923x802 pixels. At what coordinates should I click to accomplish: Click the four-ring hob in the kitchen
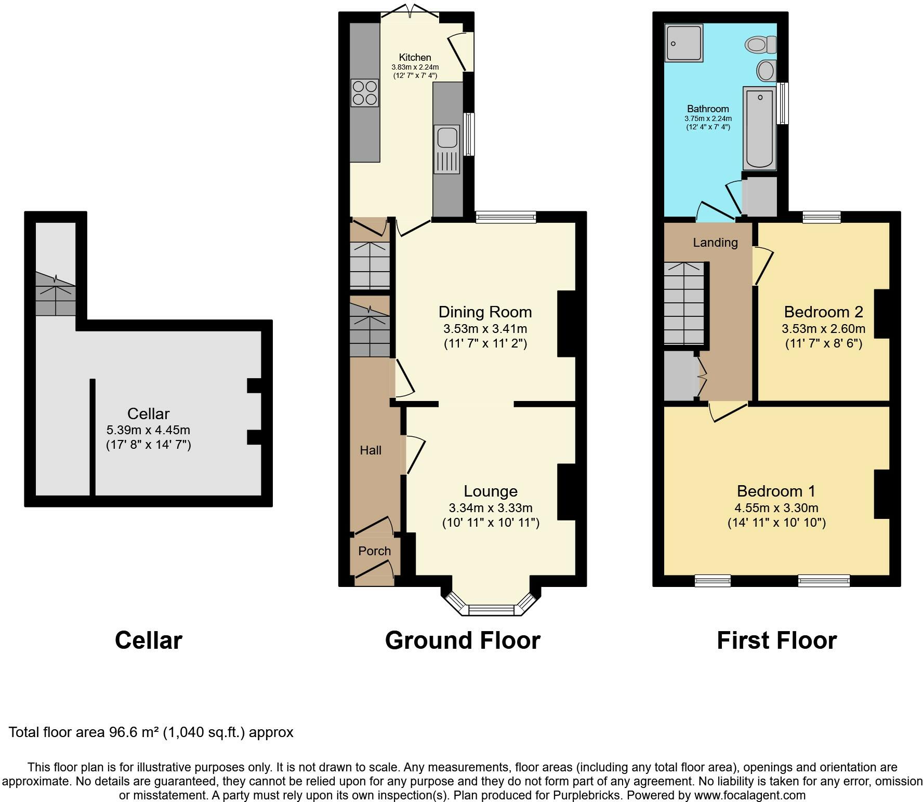(364, 92)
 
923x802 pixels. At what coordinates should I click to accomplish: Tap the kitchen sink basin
(447, 138)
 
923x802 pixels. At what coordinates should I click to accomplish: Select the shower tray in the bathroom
(683, 43)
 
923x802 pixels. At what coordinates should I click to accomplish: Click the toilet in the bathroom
(761, 44)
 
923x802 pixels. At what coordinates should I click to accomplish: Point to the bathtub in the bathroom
(759, 128)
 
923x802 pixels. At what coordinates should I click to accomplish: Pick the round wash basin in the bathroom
(767, 70)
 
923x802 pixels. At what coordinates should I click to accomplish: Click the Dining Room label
(485, 312)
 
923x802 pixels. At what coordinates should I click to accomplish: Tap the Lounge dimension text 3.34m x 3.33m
(491, 508)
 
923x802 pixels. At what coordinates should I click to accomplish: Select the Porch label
(375, 551)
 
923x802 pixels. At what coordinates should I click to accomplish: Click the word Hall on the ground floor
(371, 450)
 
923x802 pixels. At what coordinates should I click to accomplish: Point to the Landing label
(715, 243)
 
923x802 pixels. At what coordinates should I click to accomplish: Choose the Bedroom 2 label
(823, 312)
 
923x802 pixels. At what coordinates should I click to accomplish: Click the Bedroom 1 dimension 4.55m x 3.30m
(776, 508)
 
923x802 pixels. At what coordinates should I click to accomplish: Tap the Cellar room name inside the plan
(149, 413)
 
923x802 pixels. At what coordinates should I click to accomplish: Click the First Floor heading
(776, 640)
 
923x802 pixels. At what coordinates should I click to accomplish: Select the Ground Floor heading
(463, 640)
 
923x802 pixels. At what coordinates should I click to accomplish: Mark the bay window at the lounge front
(491, 605)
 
